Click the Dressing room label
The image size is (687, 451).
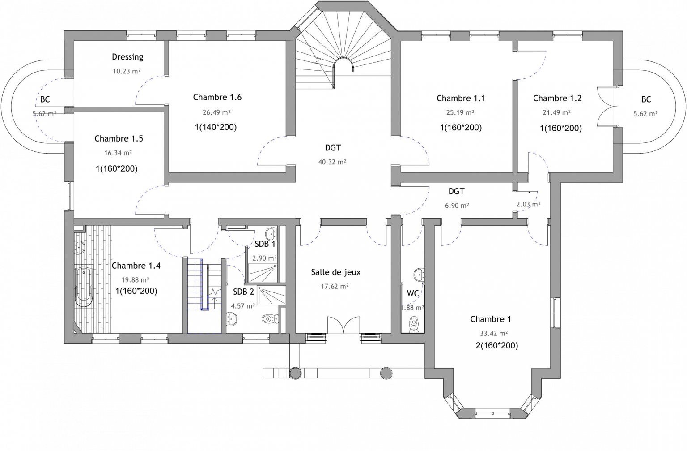[127, 57]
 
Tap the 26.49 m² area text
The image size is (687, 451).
[216, 112]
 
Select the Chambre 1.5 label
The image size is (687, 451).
[119, 138]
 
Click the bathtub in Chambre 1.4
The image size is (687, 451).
[84, 287]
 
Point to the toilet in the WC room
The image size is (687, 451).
[414, 324]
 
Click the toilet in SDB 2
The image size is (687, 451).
[270, 318]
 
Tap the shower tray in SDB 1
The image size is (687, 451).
[263, 273]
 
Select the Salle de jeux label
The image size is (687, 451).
[336, 272]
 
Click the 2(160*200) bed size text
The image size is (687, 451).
[497, 345]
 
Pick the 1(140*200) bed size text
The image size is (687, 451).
[216, 127]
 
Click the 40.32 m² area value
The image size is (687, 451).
[332, 162]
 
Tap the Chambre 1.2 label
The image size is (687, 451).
[557, 98]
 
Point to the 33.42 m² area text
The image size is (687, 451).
[494, 333]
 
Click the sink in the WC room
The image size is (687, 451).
[419, 274]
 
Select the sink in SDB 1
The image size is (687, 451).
[271, 233]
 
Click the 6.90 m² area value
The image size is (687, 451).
[457, 206]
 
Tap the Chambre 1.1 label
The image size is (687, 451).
[461, 98]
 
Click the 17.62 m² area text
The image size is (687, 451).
[335, 287]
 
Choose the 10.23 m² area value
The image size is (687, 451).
[127, 71]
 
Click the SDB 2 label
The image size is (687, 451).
[243, 292]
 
